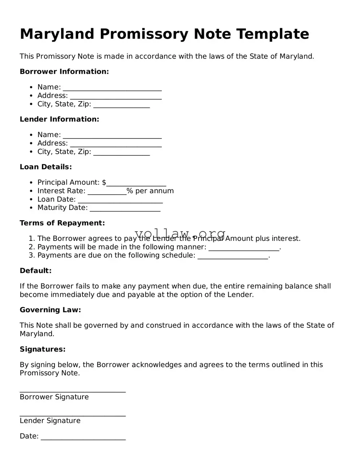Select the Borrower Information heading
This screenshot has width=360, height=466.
click(64, 72)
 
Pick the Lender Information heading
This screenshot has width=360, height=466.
click(59, 119)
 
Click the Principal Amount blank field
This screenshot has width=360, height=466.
click(136, 184)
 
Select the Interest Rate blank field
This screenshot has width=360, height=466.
click(107, 192)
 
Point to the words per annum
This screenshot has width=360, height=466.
click(154, 191)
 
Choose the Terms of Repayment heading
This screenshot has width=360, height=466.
click(62, 223)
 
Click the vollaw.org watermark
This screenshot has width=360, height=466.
click(180, 234)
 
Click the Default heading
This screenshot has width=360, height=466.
click(36, 271)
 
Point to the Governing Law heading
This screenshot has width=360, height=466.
click(50, 310)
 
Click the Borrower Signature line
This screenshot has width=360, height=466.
click(73, 390)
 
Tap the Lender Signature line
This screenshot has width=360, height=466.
click(73, 414)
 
